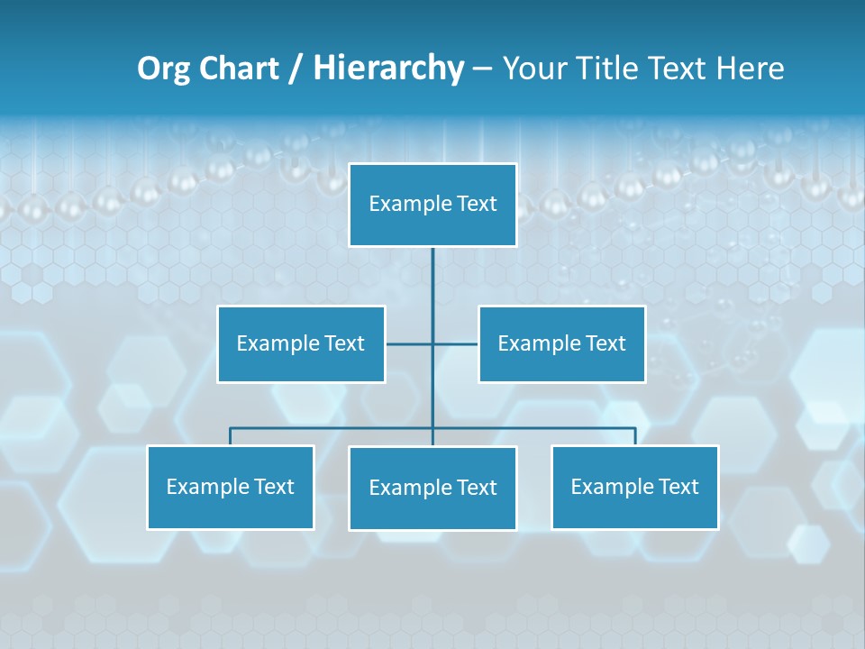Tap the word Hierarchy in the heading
[x=388, y=69]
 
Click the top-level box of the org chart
[x=432, y=205]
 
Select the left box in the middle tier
[x=301, y=343]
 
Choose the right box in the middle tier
[x=562, y=343]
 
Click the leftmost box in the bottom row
[x=231, y=487]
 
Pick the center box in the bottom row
[x=432, y=488]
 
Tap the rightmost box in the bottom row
[x=635, y=487]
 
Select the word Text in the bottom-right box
[x=678, y=487]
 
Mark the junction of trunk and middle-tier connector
[x=432, y=343]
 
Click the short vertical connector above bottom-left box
[x=231, y=436]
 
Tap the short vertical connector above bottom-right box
[x=635, y=436]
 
